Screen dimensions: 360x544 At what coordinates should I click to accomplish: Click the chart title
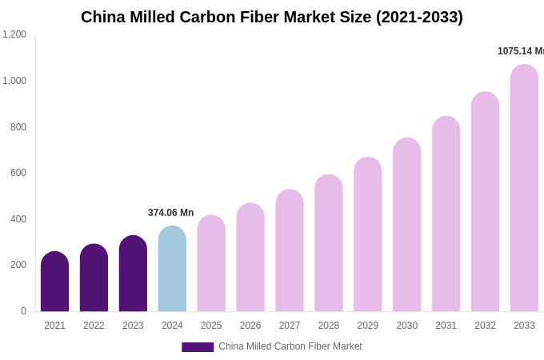[271, 17]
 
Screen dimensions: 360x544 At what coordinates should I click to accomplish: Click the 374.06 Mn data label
[170, 213]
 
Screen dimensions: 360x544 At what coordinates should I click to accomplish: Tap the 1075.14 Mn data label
[520, 51]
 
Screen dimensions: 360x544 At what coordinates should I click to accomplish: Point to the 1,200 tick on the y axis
[14, 34]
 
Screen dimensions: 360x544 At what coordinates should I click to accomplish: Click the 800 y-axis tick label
[18, 127]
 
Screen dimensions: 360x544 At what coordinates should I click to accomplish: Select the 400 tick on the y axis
[18, 219]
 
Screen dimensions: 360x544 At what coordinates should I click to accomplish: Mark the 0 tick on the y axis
[23, 311]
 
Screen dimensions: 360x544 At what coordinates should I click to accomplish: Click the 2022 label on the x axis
[94, 326]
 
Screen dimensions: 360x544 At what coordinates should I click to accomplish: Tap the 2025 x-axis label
[211, 326]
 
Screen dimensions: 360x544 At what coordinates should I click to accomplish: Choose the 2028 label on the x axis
[329, 326]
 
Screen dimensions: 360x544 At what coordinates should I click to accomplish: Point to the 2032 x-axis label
[485, 326]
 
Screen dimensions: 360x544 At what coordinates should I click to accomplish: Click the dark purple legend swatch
[198, 347]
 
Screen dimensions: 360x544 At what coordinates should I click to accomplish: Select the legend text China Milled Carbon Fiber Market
[290, 346]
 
